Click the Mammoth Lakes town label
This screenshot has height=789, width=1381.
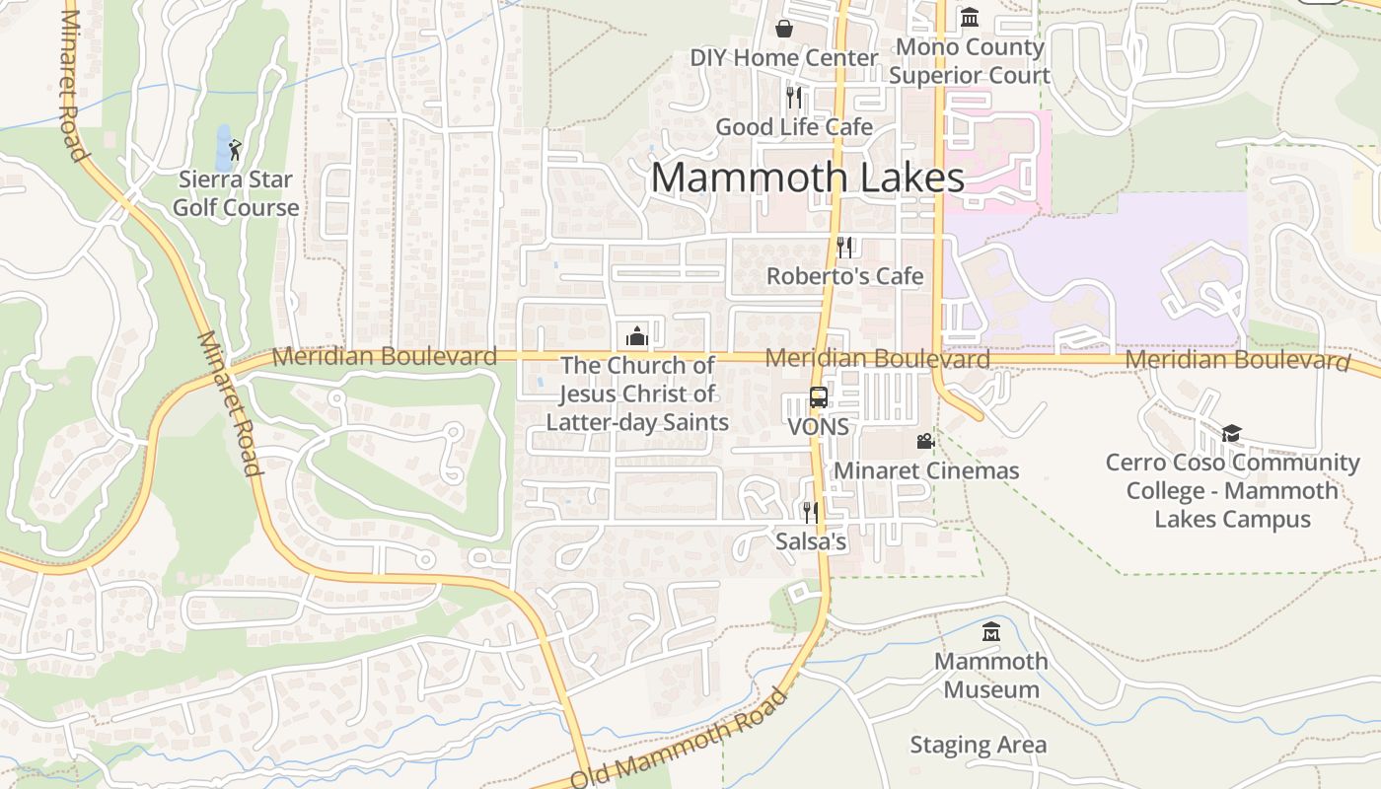click(807, 179)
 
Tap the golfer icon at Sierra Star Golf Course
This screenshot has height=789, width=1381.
click(235, 150)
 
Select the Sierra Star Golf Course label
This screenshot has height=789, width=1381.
click(236, 194)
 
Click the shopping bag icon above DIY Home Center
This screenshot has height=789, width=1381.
click(784, 28)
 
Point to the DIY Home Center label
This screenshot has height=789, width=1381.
click(783, 58)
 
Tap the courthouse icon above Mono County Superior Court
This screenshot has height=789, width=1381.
click(970, 18)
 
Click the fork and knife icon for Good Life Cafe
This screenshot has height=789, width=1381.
click(794, 97)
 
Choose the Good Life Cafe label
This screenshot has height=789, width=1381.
click(794, 127)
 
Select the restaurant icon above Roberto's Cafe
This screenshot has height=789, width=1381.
click(844, 247)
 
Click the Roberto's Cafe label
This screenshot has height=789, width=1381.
click(844, 276)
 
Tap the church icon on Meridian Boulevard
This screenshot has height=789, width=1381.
click(636, 336)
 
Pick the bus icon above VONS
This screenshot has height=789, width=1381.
click(819, 397)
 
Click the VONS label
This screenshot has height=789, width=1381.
click(818, 427)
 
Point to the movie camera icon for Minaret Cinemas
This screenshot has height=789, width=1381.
click(925, 441)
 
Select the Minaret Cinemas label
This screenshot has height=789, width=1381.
click(926, 470)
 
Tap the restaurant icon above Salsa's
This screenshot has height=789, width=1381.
click(810, 512)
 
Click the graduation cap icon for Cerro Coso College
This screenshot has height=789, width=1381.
click(1231, 433)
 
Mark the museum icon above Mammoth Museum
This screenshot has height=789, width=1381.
click(991, 631)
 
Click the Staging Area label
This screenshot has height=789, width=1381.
click(978, 746)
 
